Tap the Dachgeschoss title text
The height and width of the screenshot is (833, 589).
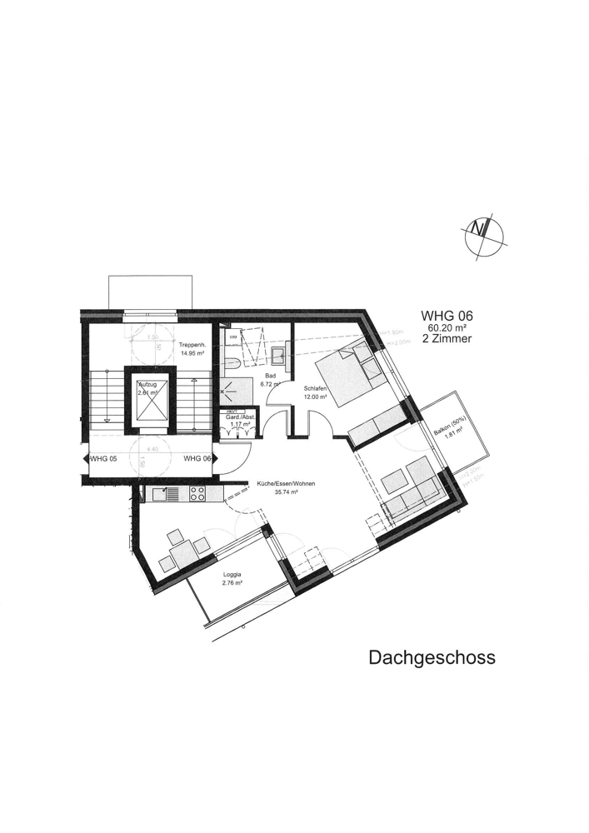click(x=432, y=657)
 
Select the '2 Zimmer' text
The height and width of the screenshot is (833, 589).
click(x=447, y=340)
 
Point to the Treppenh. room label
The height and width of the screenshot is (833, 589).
click(x=191, y=344)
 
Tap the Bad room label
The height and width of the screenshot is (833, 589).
click(x=268, y=376)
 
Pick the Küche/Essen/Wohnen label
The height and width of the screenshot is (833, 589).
click(x=286, y=484)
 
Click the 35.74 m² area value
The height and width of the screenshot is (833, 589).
click(x=286, y=492)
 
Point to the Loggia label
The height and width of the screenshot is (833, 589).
click(x=232, y=575)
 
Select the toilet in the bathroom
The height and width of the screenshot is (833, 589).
click(x=234, y=364)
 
